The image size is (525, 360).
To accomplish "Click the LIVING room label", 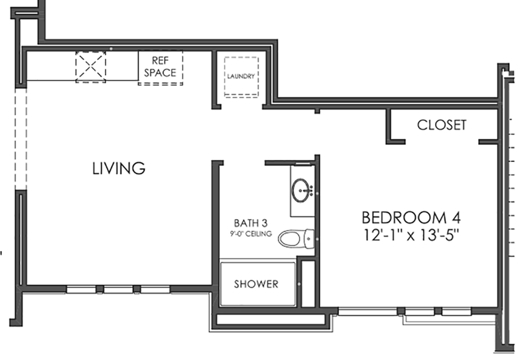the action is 119,168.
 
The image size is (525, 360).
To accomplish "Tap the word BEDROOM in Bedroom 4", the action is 404,218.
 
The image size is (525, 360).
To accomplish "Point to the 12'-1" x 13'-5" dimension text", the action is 411,235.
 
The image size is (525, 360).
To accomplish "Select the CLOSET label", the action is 442,125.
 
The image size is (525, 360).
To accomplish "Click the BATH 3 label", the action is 251,223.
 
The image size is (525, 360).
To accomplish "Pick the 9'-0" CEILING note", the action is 251,234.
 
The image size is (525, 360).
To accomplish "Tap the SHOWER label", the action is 256,284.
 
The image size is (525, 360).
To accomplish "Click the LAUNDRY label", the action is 241,76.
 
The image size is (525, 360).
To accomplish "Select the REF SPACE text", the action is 160,67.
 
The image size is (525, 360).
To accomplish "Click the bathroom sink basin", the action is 301,191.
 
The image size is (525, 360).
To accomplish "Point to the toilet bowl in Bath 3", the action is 289,239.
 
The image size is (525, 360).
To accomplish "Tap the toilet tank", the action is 308,239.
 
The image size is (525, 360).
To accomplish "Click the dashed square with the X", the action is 91,67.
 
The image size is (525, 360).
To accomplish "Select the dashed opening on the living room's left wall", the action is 20,139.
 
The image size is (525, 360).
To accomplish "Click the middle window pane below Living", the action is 118,289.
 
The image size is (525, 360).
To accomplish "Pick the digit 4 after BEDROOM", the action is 456,218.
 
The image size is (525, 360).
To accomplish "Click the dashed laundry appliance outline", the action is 241,78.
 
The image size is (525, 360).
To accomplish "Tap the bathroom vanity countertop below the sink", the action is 302,210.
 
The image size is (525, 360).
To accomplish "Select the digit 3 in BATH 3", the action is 264,223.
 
